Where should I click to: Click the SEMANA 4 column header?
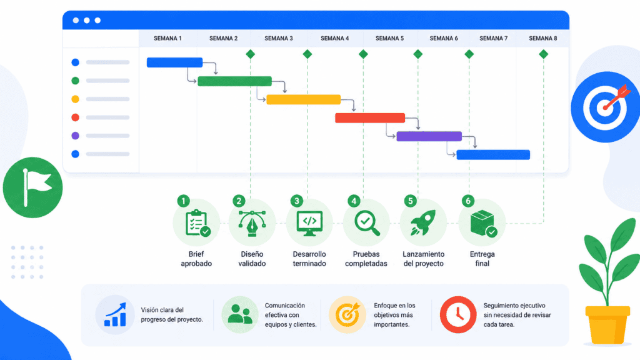pyautogui.click(x=334, y=38)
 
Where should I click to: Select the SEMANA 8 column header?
pyautogui.click(x=543, y=38)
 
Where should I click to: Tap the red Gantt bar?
pyautogui.click(x=370, y=118)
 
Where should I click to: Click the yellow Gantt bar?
pyautogui.click(x=303, y=99)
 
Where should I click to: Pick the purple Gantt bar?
pyautogui.click(x=429, y=136)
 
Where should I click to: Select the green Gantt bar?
pyautogui.click(x=235, y=81)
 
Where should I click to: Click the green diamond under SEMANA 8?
pyautogui.click(x=543, y=54)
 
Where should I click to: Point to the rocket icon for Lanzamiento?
pyautogui.click(x=423, y=222)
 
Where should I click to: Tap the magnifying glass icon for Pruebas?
pyautogui.click(x=366, y=223)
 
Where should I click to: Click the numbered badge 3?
pyautogui.click(x=297, y=201)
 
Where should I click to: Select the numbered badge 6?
pyautogui.click(x=467, y=201)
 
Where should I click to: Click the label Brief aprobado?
pyautogui.click(x=196, y=259)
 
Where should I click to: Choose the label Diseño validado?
pyautogui.click(x=252, y=259)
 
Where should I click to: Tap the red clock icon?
pyautogui.click(x=458, y=315)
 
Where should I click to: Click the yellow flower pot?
pyautogui.click(x=607, y=325)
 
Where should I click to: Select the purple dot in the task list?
pyautogui.click(x=75, y=136)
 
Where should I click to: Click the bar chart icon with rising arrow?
pyautogui.click(x=115, y=315)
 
